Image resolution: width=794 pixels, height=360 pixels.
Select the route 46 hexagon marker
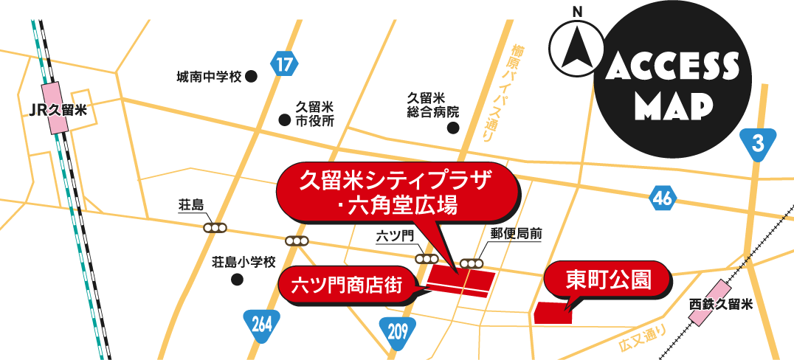pos(663,198)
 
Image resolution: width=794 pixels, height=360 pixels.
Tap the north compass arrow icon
pos(576,46)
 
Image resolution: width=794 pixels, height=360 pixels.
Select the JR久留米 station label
pos(57,111)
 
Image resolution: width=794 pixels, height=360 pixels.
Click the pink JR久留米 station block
pos(56,106)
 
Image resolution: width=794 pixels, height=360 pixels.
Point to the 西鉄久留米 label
pos(720,304)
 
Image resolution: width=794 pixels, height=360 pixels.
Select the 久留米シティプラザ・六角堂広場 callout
pos(394,190)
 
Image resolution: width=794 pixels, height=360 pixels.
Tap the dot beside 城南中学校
pos(251,76)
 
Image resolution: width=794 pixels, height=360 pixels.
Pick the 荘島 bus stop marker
pos(215,228)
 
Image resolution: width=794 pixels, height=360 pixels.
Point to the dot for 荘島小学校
pos(237,280)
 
